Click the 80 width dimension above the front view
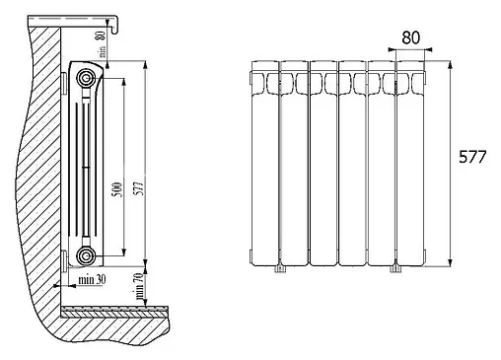(x=410, y=37)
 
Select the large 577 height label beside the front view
(x=472, y=157)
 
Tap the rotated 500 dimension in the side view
(x=117, y=189)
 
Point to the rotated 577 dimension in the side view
(x=139, y=188)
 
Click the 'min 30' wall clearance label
(x=92, y=280)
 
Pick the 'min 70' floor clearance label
(x=140, y=286)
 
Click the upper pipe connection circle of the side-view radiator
(x=86, y=78)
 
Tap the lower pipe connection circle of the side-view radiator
(x=86, y=255)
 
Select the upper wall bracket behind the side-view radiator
(x=64, y=81)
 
